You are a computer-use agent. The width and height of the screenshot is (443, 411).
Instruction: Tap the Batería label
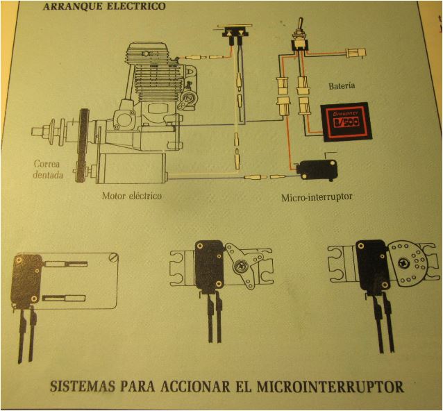(340, 85)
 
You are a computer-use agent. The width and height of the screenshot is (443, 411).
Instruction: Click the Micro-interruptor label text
(317, 196)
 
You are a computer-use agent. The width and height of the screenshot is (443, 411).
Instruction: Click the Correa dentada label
(49, 169)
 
